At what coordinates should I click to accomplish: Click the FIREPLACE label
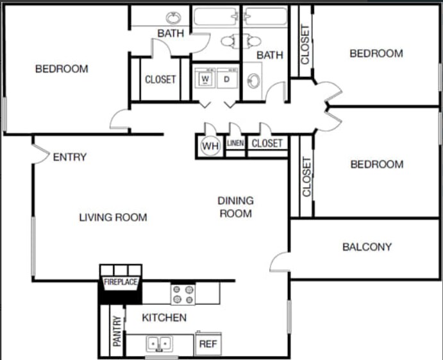pyautogui.click(x=121, y=282)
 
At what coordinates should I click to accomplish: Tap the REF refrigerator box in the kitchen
pyautogui.click(x=208, y=344)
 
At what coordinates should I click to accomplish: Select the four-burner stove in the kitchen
pyautogui.click(x=183, y=295)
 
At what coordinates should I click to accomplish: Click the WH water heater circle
pyautogui.click(x=210, y=146)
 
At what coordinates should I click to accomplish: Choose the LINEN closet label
pyautogui.click(x=235, y=143)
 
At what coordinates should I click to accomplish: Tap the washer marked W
pyautogui.click(x=206, y=79)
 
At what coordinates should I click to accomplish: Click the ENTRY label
pyautogui.click(x=69, y=157)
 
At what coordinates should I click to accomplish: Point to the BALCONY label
pyautogui.click(x=367, y=246)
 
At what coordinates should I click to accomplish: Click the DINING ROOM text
pyautogui.click(x=236, y=207)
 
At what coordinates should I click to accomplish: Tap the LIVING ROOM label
pyautogui.click(x=113, y=218)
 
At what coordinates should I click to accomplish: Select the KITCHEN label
pyautogui.click(x=164, y=318)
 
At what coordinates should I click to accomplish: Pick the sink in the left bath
pyautogui.click(x=174, y=17)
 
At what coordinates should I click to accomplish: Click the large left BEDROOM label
pyautogui.click(x=62, y=69)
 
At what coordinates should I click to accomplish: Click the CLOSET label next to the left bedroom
pyautogui.click(x=160, y=80)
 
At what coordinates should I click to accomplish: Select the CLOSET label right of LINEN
pyautogui.click(x=267, y=143)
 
